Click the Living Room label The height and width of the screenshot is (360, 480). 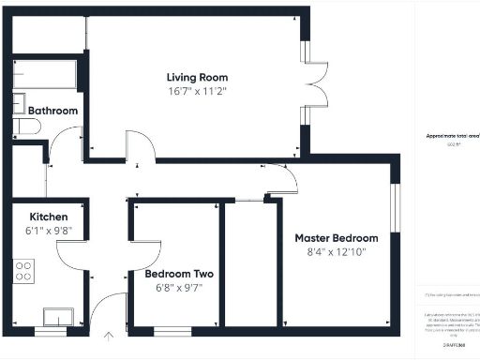click(197, 77)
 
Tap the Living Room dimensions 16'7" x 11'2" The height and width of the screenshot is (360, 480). click(197, 92)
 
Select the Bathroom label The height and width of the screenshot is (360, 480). click(52, 111)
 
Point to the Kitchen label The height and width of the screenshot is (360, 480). click(48, 216)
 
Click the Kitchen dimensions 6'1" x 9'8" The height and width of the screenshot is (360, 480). click(48, 231)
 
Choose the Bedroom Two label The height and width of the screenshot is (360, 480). click(178, 275)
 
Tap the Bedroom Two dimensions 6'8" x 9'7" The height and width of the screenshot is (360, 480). click(178, 289)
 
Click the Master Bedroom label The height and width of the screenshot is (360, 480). click(337, 238)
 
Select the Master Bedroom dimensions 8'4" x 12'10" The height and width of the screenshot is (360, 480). click(337, 252)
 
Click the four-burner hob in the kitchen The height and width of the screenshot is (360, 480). click(23, 271)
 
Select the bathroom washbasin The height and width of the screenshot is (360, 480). click(20, 103)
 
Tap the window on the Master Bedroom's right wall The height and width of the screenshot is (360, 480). click(396, 206)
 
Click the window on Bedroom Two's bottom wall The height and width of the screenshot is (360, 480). click(172, 330)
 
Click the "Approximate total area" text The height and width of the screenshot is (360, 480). click(449, 136)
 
